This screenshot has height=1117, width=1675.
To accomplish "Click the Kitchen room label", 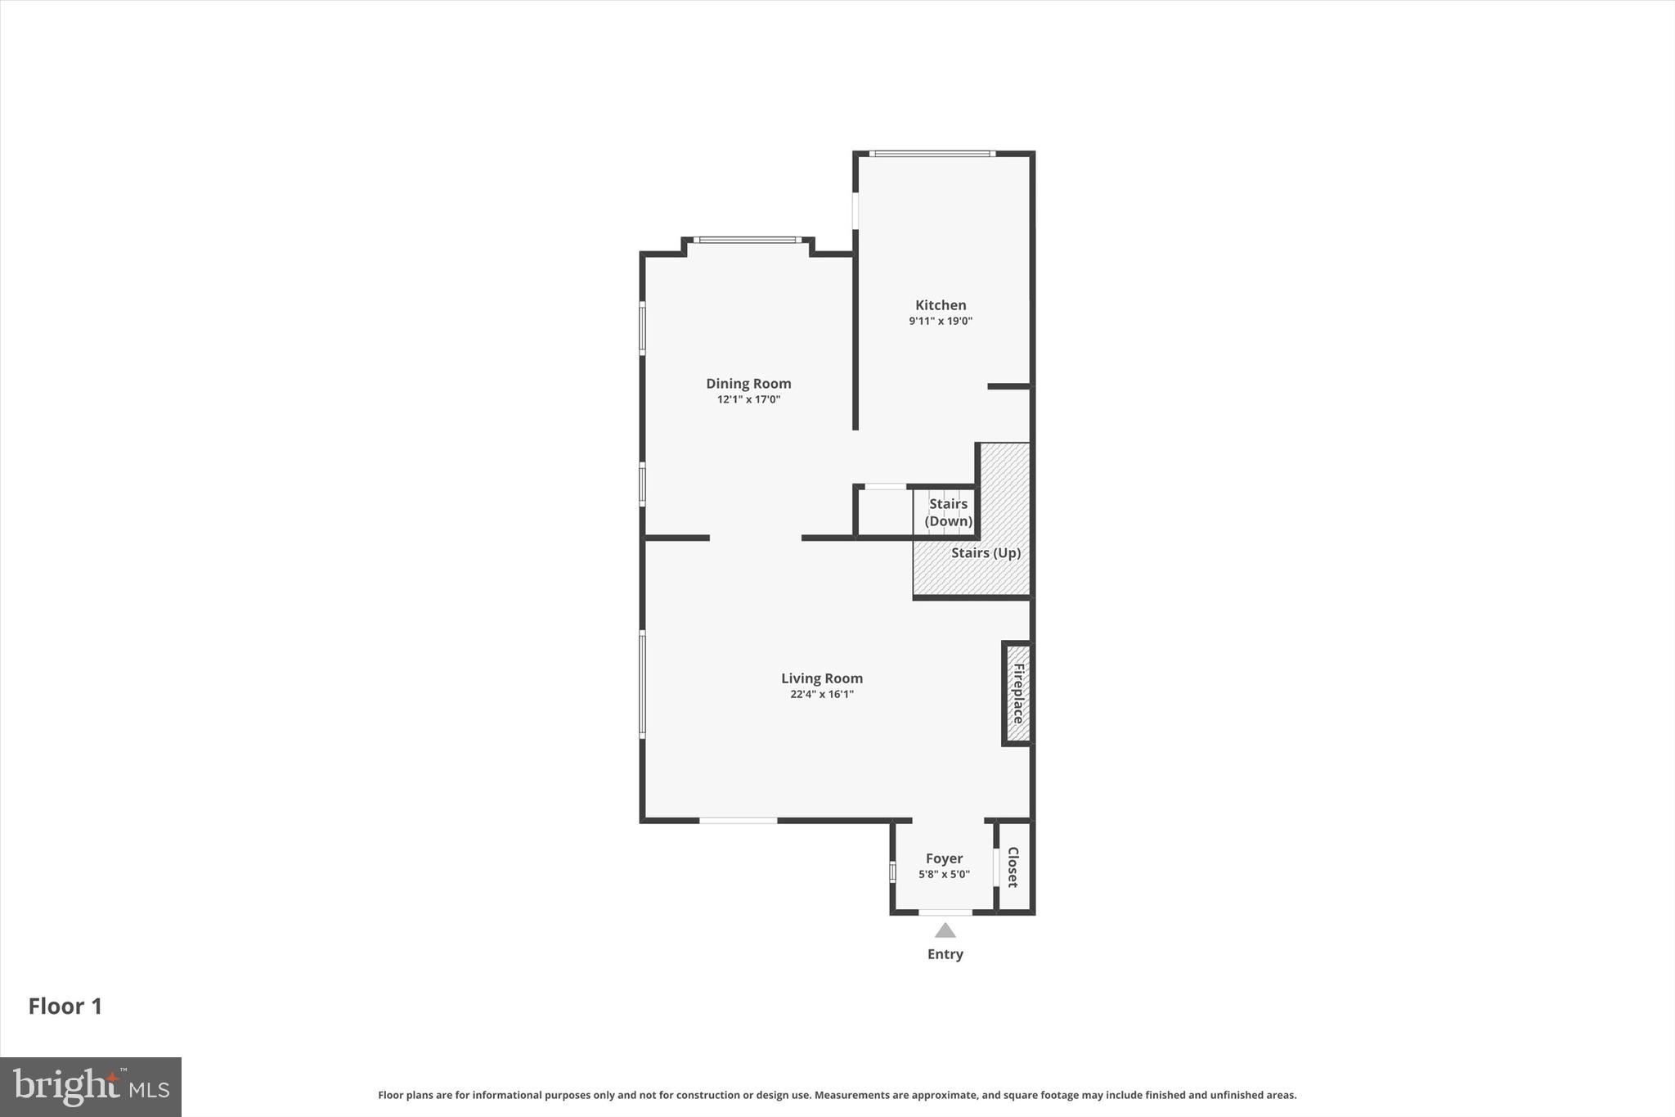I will [x=940, y=305].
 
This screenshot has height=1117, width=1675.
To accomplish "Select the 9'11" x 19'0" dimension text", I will [x=940, y=322].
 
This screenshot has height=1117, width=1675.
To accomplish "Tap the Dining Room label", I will [x=748, y=384].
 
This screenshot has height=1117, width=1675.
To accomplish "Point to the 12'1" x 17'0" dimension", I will [x=748, y=400].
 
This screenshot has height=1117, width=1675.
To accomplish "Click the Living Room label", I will [x=821, y=678].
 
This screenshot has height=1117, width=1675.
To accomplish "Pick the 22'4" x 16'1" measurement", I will [x=821, y=695].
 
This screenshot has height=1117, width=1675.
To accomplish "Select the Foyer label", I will [x=944, y=858].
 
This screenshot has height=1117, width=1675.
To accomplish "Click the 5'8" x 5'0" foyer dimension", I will [x=944, y=875].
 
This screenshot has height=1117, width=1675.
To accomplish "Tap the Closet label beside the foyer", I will [x=1013, y=867].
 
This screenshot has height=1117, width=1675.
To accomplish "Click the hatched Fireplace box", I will [x=1017, y=693].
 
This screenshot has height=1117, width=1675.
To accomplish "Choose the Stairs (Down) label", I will [x=948, y=512].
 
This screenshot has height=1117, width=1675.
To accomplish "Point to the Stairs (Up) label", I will [x=986, y=553].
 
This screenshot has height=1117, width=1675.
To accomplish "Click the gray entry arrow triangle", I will [x=945, y=930].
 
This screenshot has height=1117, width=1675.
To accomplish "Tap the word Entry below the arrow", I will [x=945, y=954].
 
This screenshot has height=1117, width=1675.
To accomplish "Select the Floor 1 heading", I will [x=65, y=1007].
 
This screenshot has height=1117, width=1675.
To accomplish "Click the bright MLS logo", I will [x=90, y=1087].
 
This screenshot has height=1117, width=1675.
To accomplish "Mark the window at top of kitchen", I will [x=932, y=153].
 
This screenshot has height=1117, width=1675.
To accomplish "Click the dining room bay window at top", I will [x=747, y=240].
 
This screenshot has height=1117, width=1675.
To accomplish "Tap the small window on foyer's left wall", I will [x=892, y=872].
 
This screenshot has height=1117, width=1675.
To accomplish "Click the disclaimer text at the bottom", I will [x=837, y=1095].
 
